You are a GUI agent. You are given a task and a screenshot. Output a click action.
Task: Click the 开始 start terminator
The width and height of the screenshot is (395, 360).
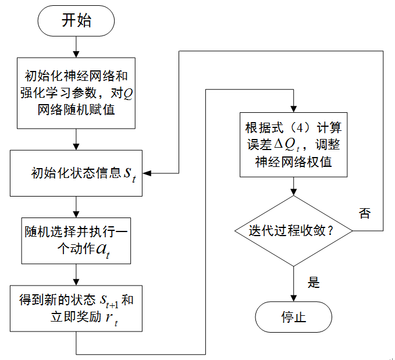pyautogui.click(x=76, y=22)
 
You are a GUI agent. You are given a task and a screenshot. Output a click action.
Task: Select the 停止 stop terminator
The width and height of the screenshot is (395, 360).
pyautogui.click(x=294, y=318)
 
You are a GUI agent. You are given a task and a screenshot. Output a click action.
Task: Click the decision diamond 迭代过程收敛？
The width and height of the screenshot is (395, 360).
pyautogui.click(x=294, y=230)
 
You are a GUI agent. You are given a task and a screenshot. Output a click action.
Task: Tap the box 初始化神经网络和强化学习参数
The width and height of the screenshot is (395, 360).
pyautogui.click(x=76, y=92)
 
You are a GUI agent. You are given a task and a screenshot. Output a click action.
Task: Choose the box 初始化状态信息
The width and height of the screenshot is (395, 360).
pyautogui.click(x=76, y=173)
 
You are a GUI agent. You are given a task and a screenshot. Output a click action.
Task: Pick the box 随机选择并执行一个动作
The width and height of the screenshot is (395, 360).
pyautogui.click(x=76, y=240)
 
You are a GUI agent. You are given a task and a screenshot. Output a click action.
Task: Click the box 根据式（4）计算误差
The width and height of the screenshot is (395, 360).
pyautogui.click(x=294, y=144)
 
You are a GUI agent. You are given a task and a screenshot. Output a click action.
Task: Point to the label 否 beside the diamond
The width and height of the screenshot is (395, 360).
pyautogui.click(x=364, y=213)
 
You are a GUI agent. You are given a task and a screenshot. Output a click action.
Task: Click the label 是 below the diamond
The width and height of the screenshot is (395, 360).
pyautogui.click(x=314, y=283)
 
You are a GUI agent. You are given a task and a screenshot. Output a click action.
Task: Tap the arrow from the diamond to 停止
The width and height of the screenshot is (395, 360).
pyautogui.click(x=294, y=285)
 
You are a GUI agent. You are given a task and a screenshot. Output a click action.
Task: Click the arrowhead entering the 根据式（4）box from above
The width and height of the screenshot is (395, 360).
pyautogui.click(x=294, y=109)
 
